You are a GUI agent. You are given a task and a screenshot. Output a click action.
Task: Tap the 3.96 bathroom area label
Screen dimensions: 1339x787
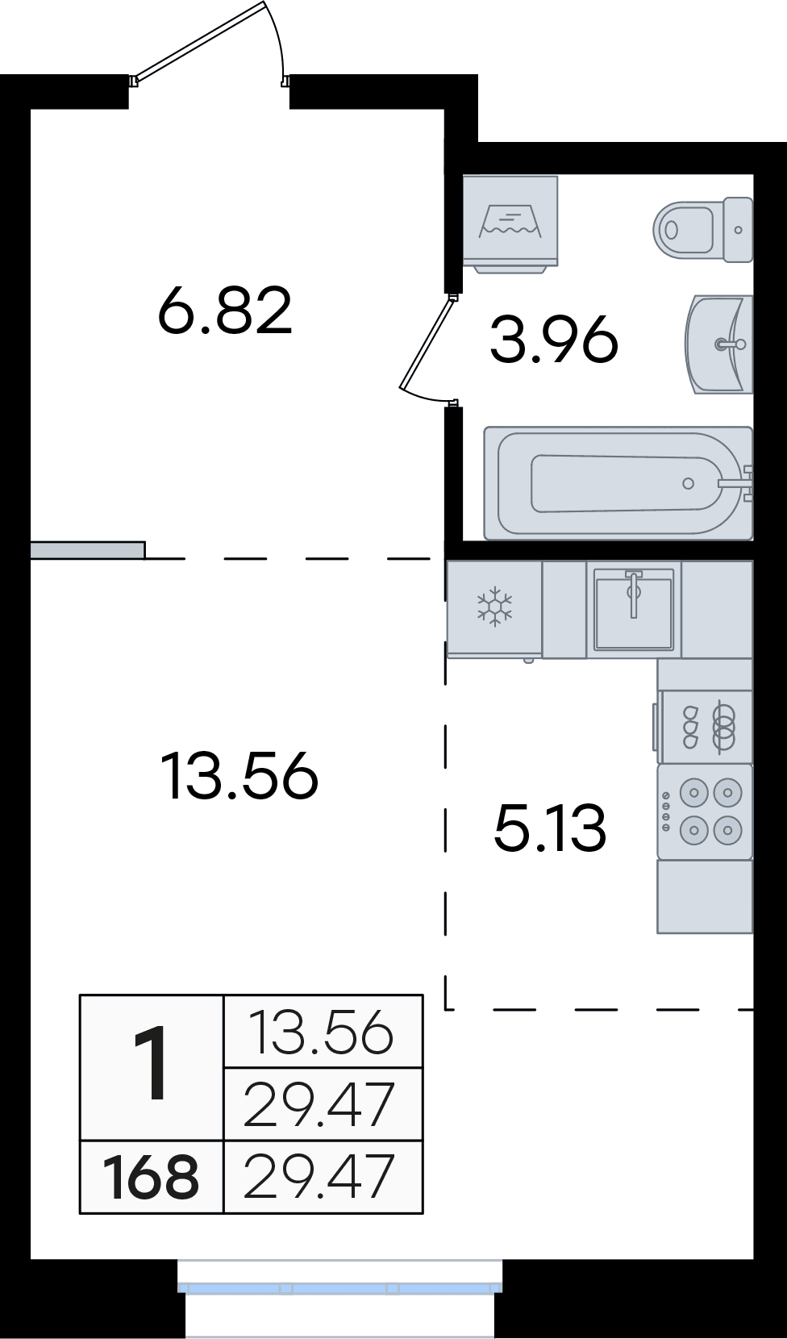click(554, 340)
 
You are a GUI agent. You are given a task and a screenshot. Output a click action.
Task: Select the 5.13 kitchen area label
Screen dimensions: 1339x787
click(550, 828)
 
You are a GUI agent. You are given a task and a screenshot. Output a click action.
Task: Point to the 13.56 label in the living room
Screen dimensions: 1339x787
click(239, 776)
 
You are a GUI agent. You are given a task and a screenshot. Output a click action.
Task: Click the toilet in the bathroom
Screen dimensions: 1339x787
click(703, 230)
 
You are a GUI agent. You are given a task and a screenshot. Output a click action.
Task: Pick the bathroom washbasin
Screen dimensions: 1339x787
click(719, 344)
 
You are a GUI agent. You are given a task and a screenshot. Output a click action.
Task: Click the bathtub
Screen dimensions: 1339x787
click(618, 483)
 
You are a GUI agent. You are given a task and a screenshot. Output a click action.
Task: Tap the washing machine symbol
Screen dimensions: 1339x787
click(510, 221)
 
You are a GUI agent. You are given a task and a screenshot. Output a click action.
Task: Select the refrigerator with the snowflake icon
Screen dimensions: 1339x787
click(494, 608)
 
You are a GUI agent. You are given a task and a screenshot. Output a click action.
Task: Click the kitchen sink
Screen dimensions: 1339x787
click(634, 609)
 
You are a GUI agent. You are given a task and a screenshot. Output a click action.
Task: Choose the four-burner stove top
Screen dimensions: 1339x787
click(705, 811)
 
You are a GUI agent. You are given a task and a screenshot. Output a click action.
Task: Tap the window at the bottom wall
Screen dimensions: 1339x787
click(339, 1288)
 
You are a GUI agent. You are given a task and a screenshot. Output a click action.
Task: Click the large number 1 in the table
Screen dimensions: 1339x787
click(152, 1065)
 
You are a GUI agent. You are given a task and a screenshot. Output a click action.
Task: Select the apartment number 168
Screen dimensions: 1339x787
click(152, 1177)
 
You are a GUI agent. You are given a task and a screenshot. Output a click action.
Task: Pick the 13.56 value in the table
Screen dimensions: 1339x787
click(323, 1032)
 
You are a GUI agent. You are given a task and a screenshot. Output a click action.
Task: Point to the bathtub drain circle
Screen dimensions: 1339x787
click(688, 484)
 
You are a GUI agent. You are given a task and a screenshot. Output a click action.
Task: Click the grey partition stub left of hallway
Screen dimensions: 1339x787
click(88, 550)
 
